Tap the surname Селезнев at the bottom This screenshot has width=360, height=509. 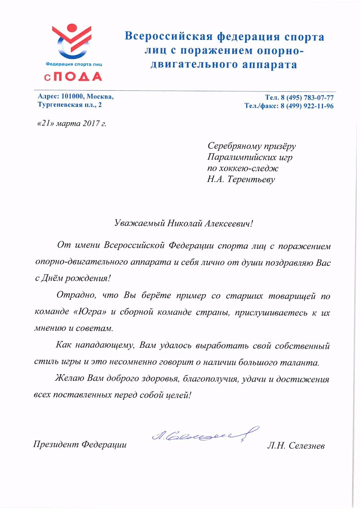coord(305,447)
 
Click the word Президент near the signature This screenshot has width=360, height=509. coord(56,445)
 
